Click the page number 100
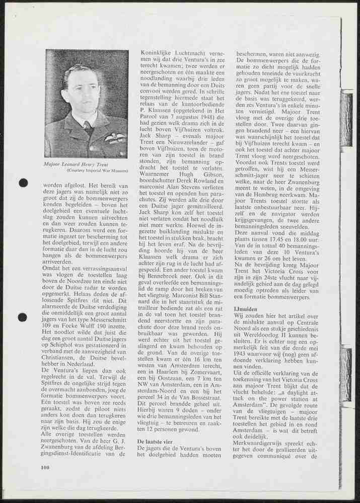coord(45,467)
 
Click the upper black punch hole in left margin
coord(23,183)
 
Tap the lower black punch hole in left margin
coord(23,317)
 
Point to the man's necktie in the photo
coord(89,128)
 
